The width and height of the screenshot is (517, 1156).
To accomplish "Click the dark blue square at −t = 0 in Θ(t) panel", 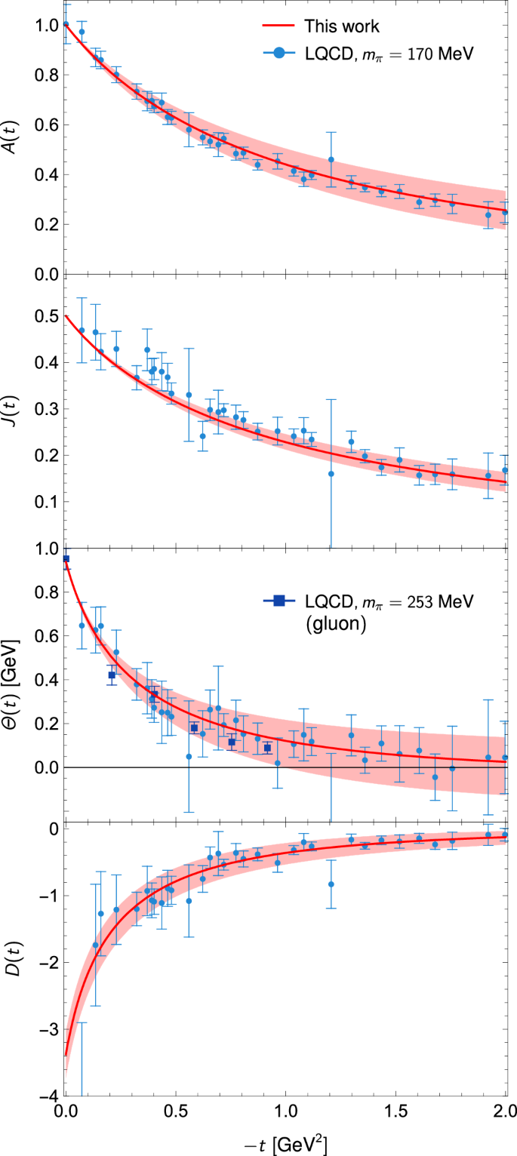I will tap(66, 559).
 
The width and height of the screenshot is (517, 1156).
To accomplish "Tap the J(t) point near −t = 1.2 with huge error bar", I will tap(331, 474).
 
